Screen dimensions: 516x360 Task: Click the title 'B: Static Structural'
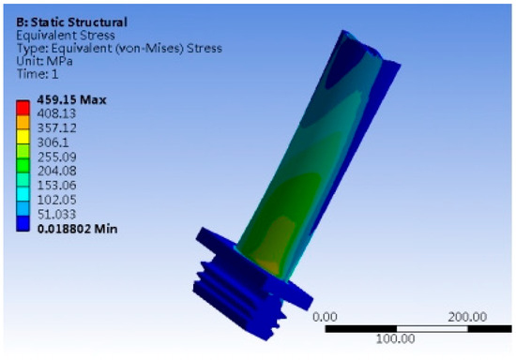[71, 22]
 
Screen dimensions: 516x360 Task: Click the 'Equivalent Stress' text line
[66, 36]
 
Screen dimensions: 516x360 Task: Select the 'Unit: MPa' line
[44, 61]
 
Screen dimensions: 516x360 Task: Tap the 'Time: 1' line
[38, 74]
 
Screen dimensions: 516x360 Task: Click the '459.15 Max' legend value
[71, 99]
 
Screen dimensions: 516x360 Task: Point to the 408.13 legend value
[56, 113]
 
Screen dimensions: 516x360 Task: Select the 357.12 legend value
[56, 127]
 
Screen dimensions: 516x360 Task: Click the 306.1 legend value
[53, 142]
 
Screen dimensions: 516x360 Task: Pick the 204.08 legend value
[56, 171]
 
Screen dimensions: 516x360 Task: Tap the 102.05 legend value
[56, 200]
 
